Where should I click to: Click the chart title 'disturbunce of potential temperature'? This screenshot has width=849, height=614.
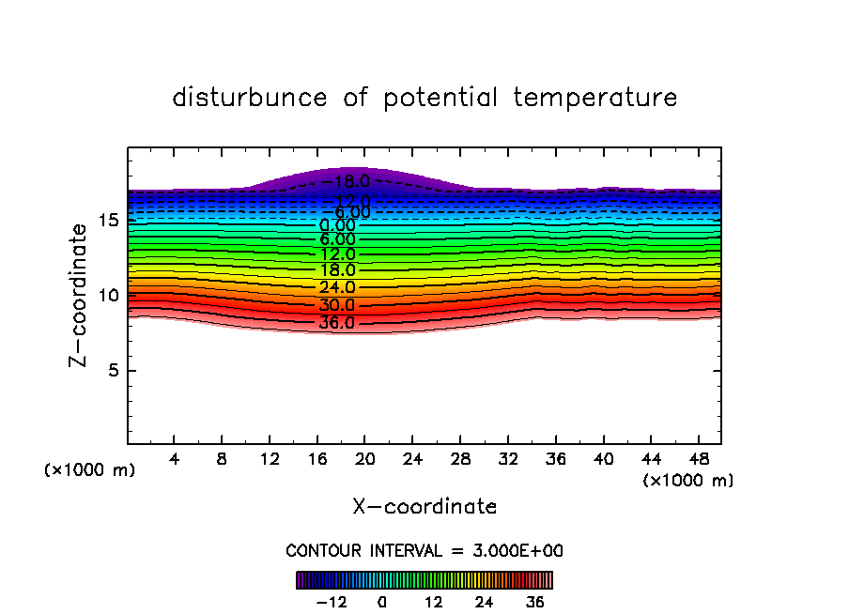click(424, 98)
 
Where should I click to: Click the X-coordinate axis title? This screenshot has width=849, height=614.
click(424, 507)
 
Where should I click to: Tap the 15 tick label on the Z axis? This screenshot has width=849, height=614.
click(109, 221)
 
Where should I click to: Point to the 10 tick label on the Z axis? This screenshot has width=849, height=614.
click(109, 295)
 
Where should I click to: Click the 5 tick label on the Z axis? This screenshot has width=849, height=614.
click(114, 370)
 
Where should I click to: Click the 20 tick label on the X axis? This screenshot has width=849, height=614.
click(365, 460)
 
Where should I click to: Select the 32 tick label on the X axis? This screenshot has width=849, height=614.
click(508, 460)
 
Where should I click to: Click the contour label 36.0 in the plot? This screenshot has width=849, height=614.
click(337, 323)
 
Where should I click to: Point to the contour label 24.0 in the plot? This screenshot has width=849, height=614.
click(337, 287)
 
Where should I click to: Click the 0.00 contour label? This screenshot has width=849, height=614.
click(337, 225)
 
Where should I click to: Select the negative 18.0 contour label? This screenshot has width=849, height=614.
click(337, 182)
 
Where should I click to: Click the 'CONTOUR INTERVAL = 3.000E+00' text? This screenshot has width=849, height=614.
click(424, 551)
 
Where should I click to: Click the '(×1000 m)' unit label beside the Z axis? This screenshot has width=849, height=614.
click(90, 470)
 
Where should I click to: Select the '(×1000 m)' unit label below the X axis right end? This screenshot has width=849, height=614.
click(688, 481)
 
